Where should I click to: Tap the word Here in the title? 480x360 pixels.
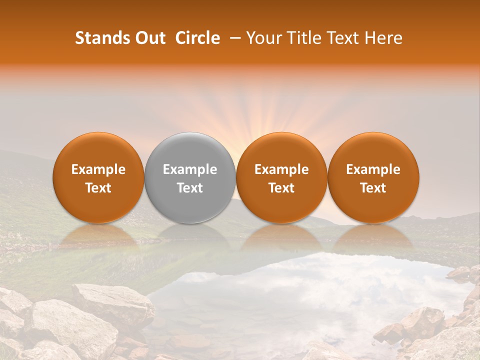(x=382, y=38)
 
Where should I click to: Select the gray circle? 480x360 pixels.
(x=190, y=177)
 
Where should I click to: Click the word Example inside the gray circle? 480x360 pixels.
(x=190, y=169)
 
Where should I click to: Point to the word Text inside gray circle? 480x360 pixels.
(x=190, y=188)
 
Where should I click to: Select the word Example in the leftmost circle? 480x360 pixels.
(x=98, y=169)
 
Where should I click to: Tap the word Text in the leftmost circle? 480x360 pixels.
(x=98, y=188)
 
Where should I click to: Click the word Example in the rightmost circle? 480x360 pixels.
(x=373, y=169)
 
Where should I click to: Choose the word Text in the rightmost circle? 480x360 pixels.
(x=373, y=188)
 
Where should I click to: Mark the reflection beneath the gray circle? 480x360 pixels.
(x=190, y=235)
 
